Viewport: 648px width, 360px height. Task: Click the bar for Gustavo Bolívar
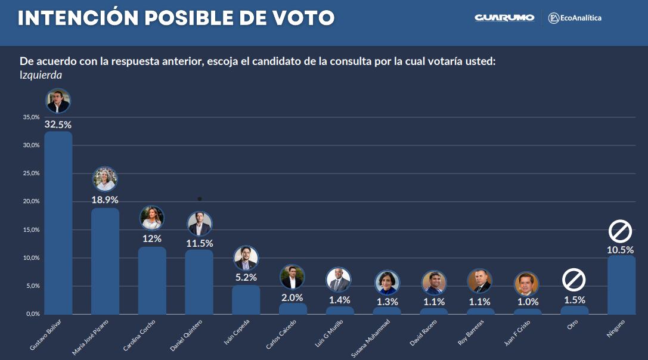click(x=58, y=224)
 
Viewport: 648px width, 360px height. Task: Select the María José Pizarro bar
click(x=105, y=261)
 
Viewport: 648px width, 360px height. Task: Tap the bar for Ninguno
click(x=621, y=285)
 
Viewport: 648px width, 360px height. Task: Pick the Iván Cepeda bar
click(x=246, y=300)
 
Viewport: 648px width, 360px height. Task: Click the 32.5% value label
click(x=58, y=125)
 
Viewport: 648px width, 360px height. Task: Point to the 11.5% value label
click(x=200, y=243)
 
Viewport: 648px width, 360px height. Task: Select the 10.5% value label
click(x=621, y=250)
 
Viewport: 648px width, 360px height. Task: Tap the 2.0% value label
click(x=292, y=297)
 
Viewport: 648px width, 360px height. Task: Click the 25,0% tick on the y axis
click(x=31, y=173)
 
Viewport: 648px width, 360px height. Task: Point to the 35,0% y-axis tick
click(x=31, y=117)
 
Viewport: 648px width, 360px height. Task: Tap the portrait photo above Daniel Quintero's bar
click(x=200, y=224)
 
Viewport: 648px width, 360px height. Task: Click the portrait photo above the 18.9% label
click(x=105, y=179)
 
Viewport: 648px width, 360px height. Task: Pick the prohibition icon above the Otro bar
click(x=573, y=280)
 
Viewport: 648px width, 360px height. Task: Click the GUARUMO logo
click(x=504, y=18)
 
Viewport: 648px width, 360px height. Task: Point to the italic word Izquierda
click(x=41, y=76)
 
